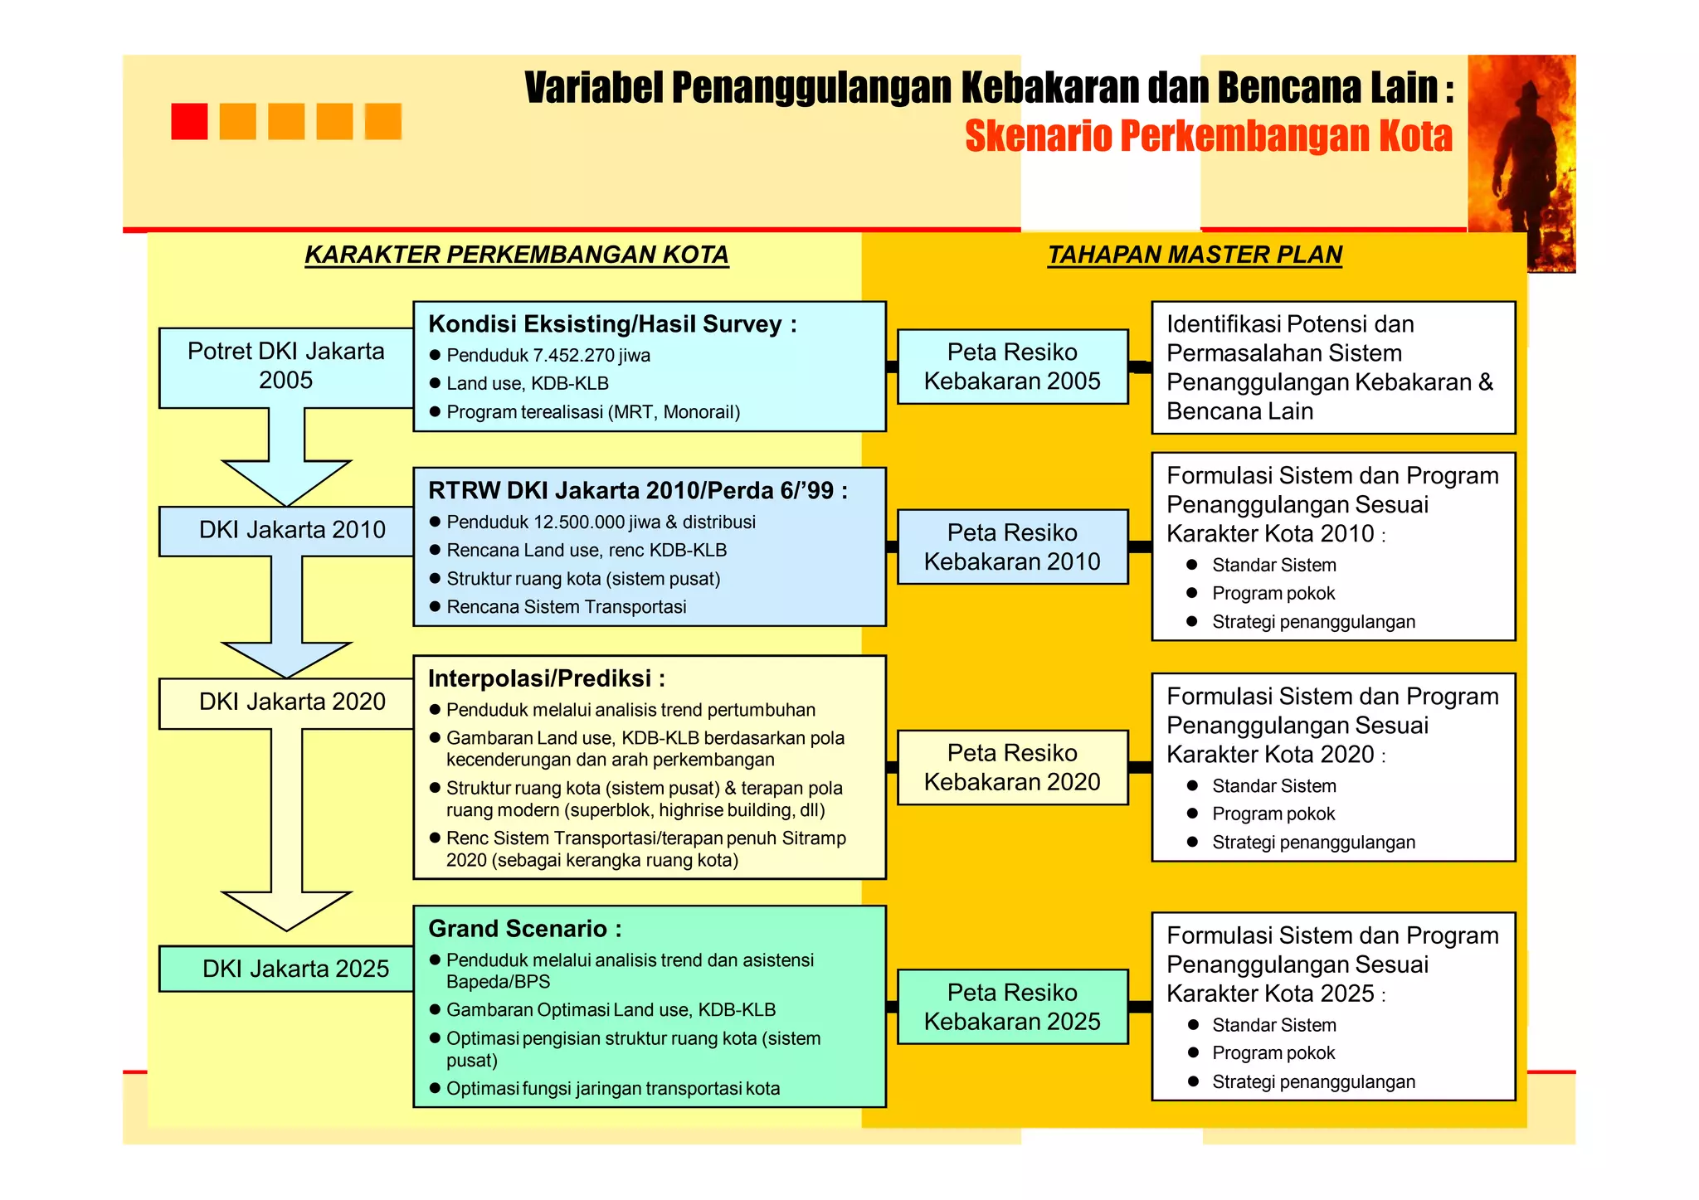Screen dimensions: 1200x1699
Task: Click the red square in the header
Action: pyautogui.click(x=189, y=121)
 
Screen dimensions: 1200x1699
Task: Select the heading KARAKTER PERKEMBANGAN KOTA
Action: pyautogui.click(x=516, y=255)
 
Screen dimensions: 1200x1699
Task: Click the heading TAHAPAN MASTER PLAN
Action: pyautogui.click(x=1195, y=255)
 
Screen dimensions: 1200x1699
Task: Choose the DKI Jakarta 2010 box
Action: pyautogui.click(x=287, y=530)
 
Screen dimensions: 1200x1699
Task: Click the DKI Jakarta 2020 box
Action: pyautogui.click(x=287, y=702)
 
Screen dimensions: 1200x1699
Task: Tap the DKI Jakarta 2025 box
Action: pyautogui.click(x=287, y=968)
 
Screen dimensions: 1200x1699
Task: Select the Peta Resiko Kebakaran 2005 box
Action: pyautogui.click(x=1012, y=367)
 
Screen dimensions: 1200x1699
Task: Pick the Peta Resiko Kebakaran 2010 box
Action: pyautogui.click(x=1012, y=547)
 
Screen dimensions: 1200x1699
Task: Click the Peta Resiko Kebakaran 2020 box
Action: pyautogui.click(x=1012, y=767)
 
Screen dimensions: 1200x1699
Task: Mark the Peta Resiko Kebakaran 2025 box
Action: pyautogui.click(x=1012, y=1007)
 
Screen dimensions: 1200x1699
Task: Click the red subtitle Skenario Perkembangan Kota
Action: pyautogui.click(x=1208, y=137)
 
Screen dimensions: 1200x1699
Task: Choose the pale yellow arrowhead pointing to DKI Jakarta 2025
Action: pyautogui.click(x=286, y=910)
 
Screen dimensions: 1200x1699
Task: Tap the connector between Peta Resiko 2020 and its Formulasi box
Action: pyautogui.click(x=1140, y=767)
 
